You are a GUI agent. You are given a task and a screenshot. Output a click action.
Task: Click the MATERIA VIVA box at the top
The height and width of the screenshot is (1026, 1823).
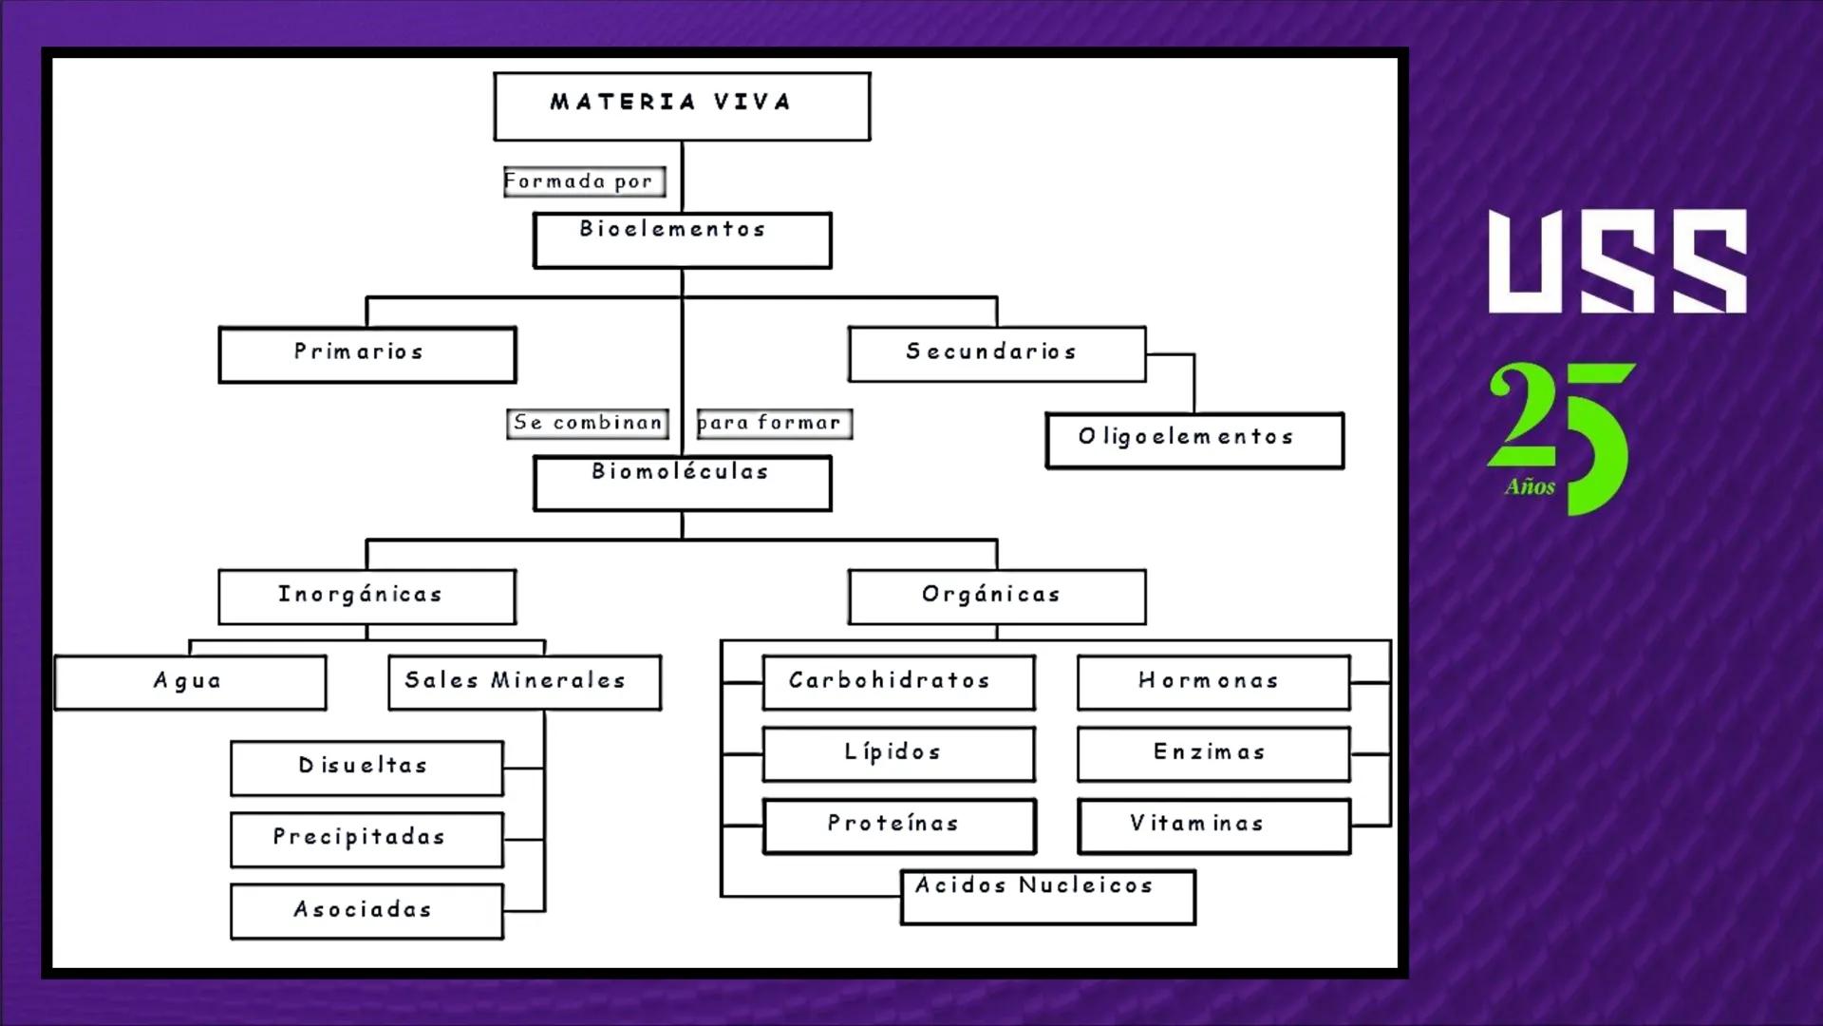coord(682,106)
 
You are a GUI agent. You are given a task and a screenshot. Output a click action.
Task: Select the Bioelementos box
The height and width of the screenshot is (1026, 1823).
coord(682,240)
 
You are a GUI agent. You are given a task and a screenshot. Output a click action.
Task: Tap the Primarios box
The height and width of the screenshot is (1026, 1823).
coord(367,354)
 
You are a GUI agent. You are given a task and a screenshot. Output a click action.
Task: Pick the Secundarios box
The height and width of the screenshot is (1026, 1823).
coord(997,354)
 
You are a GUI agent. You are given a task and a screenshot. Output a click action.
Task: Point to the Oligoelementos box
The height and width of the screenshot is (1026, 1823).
coord(1194,440)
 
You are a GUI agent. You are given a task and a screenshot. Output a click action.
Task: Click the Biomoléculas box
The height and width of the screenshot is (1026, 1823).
coord(682,483)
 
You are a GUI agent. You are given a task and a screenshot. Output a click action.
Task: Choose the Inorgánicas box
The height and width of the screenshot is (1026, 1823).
coord(367,597)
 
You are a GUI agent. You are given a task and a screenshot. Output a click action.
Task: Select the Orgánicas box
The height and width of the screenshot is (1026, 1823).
coord(997,597)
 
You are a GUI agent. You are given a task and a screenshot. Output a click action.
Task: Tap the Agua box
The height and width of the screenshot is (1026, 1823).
coord(190,682)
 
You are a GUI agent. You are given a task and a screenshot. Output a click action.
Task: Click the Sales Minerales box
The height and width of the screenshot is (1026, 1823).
coord(524,682)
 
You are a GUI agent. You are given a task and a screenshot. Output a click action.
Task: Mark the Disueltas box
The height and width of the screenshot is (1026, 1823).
coord(366,768)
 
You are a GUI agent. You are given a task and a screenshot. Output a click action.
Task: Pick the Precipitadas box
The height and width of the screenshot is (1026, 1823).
coord(366,839)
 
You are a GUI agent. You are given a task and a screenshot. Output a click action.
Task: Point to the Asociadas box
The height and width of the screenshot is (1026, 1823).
coord(366,911)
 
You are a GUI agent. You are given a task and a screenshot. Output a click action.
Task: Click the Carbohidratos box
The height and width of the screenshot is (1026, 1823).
coord(898,682)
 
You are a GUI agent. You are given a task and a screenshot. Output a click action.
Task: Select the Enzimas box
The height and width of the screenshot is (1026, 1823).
coord(1213,754)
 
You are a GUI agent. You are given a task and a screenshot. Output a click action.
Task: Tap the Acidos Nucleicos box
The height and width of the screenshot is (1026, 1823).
coord(1047,897)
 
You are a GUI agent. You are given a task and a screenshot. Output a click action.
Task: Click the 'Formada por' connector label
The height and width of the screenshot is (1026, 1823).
coord(584,181)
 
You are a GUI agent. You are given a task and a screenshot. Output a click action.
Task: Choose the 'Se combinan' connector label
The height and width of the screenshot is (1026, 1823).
coord(588,423)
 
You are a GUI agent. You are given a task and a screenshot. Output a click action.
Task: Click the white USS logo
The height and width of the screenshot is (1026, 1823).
coord(1617,262)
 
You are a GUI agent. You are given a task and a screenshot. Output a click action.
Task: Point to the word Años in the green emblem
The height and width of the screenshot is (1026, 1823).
coord(1530,487)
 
